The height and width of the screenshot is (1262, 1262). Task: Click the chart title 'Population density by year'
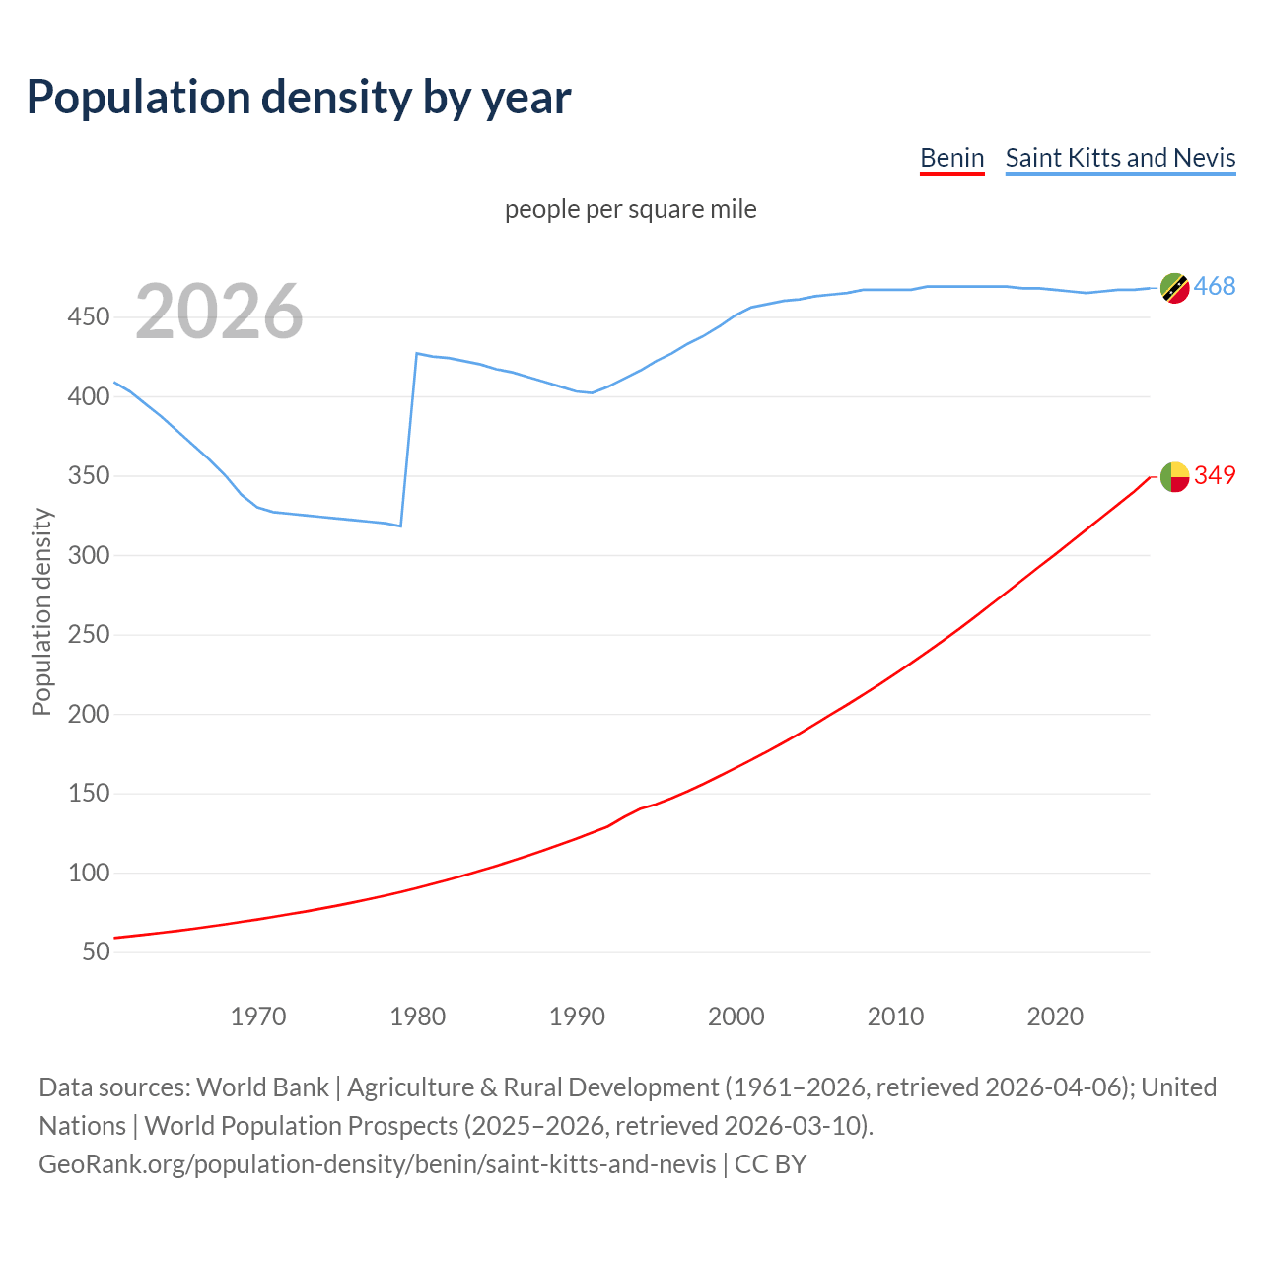[x=299, y=98]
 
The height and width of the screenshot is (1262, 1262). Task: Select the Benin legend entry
[x=951, y=158]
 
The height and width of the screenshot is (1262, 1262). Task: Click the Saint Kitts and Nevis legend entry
[x=1120, y=158]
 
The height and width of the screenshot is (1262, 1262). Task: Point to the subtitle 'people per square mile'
[x=630, y=209]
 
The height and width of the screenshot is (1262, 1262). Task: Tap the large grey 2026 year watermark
[x=219, y=312]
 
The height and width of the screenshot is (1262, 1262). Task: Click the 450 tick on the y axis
[x=88, y=317]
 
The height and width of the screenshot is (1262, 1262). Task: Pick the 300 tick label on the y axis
[x=88, y=555]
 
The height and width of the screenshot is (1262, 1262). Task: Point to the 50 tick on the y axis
[x=95, y=952]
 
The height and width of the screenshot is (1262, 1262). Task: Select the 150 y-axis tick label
[x=88, y=794]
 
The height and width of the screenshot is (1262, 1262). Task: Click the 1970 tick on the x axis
[x=258, y=1017]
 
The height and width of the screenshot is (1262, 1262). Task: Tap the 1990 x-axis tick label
[x=577, y=1017]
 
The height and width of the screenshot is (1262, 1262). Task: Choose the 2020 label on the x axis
[x=1055, y=1017]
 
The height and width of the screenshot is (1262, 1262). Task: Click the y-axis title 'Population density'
[x=41, y=611]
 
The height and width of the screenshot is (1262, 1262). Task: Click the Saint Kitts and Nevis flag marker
[x=1174, y=288]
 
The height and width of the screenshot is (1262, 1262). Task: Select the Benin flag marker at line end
[x=1174, y=476]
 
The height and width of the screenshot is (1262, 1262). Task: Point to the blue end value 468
[x=1215, y=287]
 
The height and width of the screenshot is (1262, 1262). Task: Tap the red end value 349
[x=1215, y=475]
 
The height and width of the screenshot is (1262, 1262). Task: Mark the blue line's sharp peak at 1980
[x=417, y=353]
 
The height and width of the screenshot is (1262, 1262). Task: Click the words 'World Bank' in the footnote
[x=262, y=1087]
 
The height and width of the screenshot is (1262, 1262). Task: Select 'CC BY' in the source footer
[x=770, y=1164]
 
